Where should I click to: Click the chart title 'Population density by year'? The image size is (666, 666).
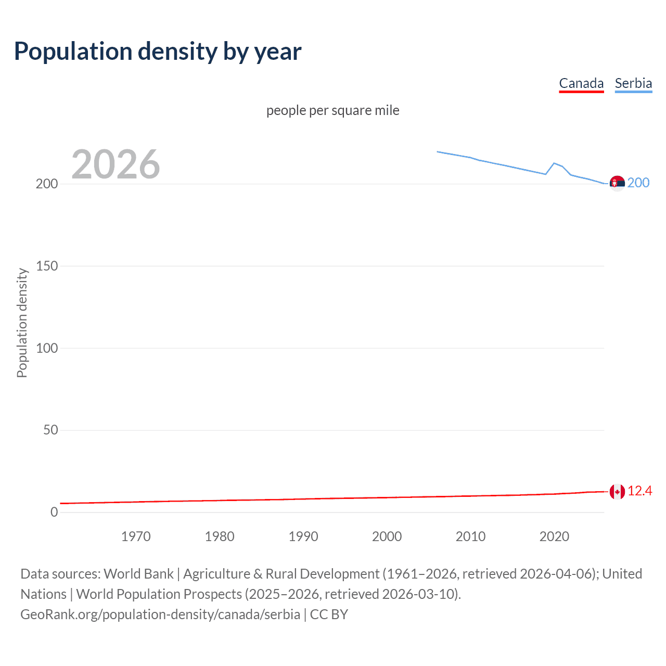(158, 52)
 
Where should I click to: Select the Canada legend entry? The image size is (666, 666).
(581, 83)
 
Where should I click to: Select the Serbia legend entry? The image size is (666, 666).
(633, 83)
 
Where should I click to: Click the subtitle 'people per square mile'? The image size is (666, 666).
(332, 110)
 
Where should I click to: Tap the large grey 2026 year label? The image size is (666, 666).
(116, 164)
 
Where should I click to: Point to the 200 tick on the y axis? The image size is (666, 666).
(47, 184)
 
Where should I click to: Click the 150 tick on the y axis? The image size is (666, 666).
(47, 266)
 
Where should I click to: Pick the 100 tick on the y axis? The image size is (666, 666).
(47, 348)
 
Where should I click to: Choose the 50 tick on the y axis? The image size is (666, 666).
(50, 430)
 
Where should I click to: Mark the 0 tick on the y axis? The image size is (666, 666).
(54, 512)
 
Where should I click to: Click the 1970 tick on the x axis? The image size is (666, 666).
(136, 536)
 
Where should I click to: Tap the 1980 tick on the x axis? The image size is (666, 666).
(220, 536)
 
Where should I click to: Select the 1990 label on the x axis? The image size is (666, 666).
(303, 536)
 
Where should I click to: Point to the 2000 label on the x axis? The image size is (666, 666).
(387, 536)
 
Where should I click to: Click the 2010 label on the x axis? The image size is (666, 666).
(470, 536)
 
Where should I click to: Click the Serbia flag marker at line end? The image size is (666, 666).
(617, 183)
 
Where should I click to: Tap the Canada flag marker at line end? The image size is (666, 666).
(617, 491)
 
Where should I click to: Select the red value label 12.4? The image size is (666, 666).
(639, 491)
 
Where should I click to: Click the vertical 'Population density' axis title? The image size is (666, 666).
(22, 323)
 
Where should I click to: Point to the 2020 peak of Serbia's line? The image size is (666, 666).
(554, 163)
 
